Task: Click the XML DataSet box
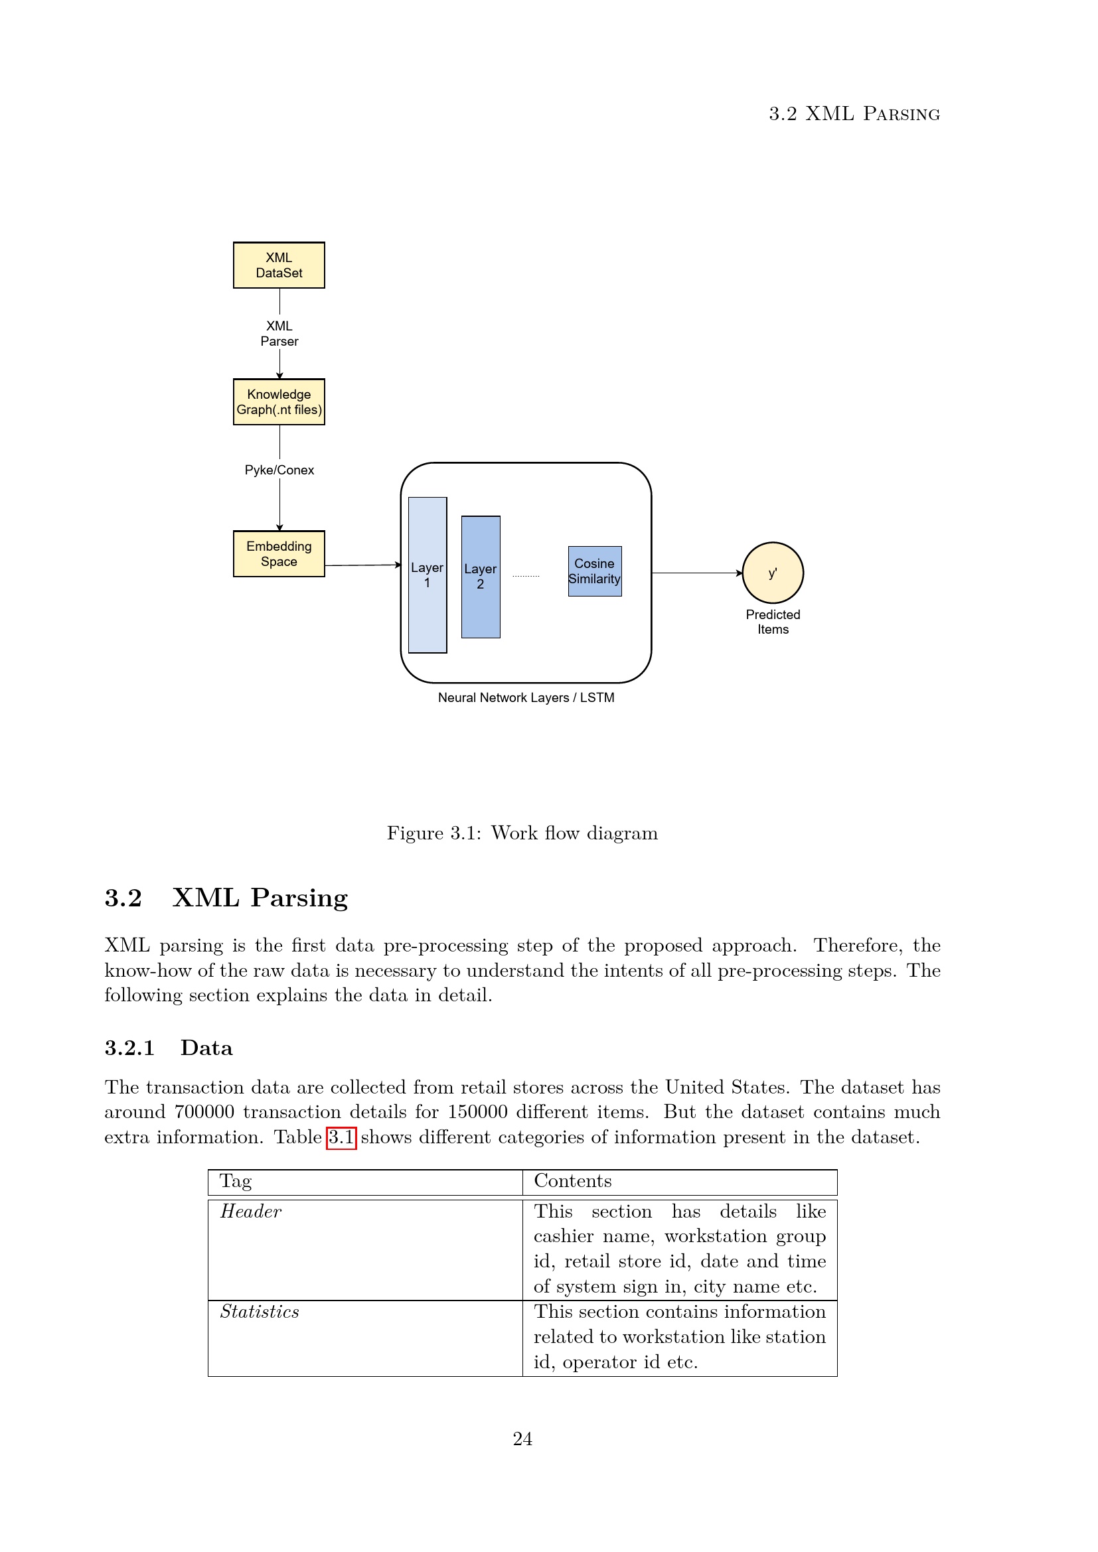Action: pyautogui.click(x=279, y=265)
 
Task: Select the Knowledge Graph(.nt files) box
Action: pyautogui.click(x=279, y=401)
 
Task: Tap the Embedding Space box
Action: pyautogui.click(x=279, y=553)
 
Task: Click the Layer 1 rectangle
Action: pyautogui.click(x=428, y=575)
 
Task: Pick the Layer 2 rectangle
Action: pyautogui.click(x=480, y=577)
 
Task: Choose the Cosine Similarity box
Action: pyautogui.click(x=594, y=571)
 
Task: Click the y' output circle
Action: pyautogui.click(x=772, y=573)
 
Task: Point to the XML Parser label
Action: pyautogui.click(x=279, y=333)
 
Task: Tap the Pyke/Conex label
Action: pyautogui.click(x=279, y=470)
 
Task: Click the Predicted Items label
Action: pyautogui.click(x=773, y=622)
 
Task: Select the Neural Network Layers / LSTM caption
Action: pyautogui.click(x=526, y=697)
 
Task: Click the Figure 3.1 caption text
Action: pyautogui.click(x=522, y=833)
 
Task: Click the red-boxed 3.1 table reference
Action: pyautogui.click(x=341, y=1138)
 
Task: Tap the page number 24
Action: pyautogui.click(x=522, y=1439)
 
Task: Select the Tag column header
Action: pyautogui.click(x=235, y=1181)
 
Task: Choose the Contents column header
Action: pyautogui.click(x=573, y=1181)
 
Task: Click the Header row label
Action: pyautogui.click(x=251, y=1212)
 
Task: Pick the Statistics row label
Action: pyautogui.click(x=260, y=1312)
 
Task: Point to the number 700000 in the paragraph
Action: pyautogui.click(x=204, y=1112)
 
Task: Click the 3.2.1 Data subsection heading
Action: pyautogui.click(x=169, y=1048)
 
